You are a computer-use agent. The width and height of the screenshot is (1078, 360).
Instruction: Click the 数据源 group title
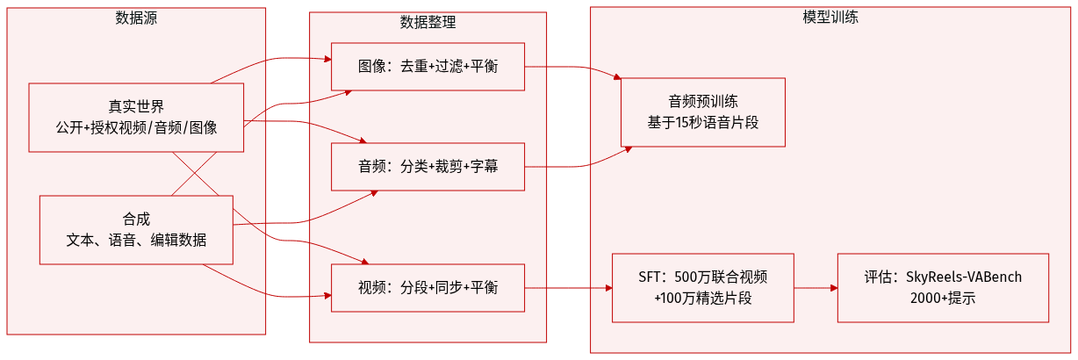coord(136,17)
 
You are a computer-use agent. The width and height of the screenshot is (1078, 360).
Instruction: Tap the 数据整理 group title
coord(428,22)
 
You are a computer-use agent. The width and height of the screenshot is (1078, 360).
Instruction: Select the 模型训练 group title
coord(830,17)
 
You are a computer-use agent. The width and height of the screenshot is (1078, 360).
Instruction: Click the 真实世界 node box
coord(136,118)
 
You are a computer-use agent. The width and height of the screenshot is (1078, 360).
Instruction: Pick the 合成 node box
coord(136,229)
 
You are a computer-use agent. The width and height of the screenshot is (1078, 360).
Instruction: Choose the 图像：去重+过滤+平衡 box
coord(428,66)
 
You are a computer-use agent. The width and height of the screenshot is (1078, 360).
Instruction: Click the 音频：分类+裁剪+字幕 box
coord(428,166)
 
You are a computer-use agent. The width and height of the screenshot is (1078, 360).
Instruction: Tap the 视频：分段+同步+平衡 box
coord(428,287)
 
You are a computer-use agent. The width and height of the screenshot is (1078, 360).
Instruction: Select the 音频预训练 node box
coord(702,112)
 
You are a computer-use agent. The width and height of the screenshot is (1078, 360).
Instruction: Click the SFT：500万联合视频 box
coord(702,287)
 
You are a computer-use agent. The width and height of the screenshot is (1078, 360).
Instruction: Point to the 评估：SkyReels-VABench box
coord(943,287)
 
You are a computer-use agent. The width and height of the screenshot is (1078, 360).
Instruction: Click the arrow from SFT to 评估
coord(816,287)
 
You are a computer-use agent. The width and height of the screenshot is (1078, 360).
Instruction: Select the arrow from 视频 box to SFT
coord(569,287)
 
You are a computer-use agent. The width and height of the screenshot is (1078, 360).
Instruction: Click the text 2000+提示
coord(943,299)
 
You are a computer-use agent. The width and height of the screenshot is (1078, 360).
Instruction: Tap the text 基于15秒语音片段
coord(702,122)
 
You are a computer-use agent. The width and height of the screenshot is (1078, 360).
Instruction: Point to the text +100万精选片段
coord(702,299)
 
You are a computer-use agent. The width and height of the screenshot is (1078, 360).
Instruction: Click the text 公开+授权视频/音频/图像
coord(136,128)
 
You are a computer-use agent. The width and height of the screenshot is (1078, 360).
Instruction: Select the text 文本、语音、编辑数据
coord(136,240)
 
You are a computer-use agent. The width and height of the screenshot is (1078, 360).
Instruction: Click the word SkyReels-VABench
coord(963,277)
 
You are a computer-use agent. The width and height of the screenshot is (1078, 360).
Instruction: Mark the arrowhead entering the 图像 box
coord(327,60)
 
